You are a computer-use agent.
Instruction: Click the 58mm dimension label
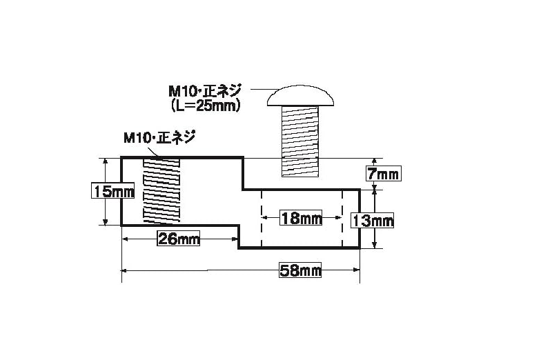(x=300, y=270)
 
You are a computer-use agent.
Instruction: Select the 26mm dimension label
(x=179, y=239)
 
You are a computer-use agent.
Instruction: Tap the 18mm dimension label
(x=302, y=218)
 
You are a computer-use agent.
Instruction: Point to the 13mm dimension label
(x=373, y=220)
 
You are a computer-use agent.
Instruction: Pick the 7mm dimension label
(x=383, y=173)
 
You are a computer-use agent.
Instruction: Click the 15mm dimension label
(x=114, y=191)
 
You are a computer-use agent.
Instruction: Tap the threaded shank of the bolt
(x=300, y=141)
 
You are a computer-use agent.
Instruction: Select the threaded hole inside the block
(x=161, y=191)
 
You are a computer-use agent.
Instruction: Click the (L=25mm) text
(x=205, y=106)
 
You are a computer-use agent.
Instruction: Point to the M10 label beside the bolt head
(x=205, y=90)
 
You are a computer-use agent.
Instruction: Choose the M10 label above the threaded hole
(x=158, y=137)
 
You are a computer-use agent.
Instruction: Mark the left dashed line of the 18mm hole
(x=262, y=219)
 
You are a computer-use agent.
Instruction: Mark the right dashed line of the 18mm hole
(x=343, y=219)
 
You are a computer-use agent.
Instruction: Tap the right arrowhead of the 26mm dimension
(x=235, y=239)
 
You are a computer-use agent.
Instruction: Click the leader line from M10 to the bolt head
(x=262, y=90)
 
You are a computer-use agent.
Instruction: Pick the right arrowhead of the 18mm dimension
(x=339, y=218)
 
